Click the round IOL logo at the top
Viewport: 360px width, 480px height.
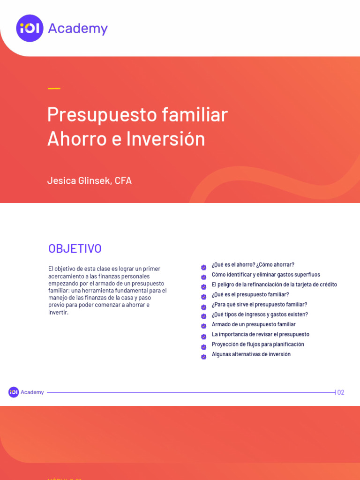[30, 28]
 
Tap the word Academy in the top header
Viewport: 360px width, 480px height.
[78, 29]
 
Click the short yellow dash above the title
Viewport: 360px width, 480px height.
[54, 88]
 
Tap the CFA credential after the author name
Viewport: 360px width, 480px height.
[123, 180]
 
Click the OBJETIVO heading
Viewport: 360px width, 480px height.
[75, 249]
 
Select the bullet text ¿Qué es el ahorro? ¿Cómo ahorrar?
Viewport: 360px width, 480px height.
[253, 265]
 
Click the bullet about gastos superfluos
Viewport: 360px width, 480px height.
[266, 275]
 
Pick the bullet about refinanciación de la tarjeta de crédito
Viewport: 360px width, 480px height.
[274, 285]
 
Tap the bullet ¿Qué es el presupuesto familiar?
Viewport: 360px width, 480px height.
[250, 294]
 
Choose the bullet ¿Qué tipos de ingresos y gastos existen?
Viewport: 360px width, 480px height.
[260, 315]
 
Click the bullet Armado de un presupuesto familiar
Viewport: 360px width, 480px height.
[254, 324]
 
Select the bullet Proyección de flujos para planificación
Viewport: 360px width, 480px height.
[258, 344]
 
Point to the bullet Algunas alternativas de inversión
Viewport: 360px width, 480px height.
[251, 354]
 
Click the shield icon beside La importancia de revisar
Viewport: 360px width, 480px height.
[204, 337]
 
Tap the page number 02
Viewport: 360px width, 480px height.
[341, 392]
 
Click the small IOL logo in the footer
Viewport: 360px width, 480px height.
[14, 392]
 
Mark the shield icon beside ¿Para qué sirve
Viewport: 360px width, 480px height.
[204, 307]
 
